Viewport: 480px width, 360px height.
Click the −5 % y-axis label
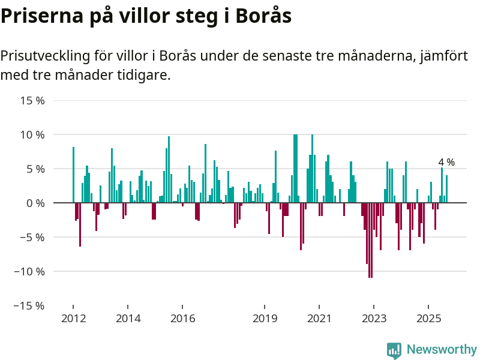tap(32, 237)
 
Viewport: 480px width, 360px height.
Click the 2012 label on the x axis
tap(73, 318)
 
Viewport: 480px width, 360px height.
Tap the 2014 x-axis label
tap(128, 318)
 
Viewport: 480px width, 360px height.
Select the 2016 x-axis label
tap(183, 318)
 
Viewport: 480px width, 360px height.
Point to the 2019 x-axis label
tap(265, 318)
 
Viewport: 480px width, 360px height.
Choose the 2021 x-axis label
tap(320, 318)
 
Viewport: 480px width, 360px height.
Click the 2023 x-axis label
tap(374, 318)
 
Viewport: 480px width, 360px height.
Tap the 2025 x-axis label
tap(429, 318)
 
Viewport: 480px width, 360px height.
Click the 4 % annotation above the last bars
tap(446, 162)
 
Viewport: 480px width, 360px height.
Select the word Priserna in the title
tap(40, 16)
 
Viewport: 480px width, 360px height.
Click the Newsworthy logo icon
tap(394, 350)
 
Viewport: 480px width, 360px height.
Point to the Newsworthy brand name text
tap(442, 349)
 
